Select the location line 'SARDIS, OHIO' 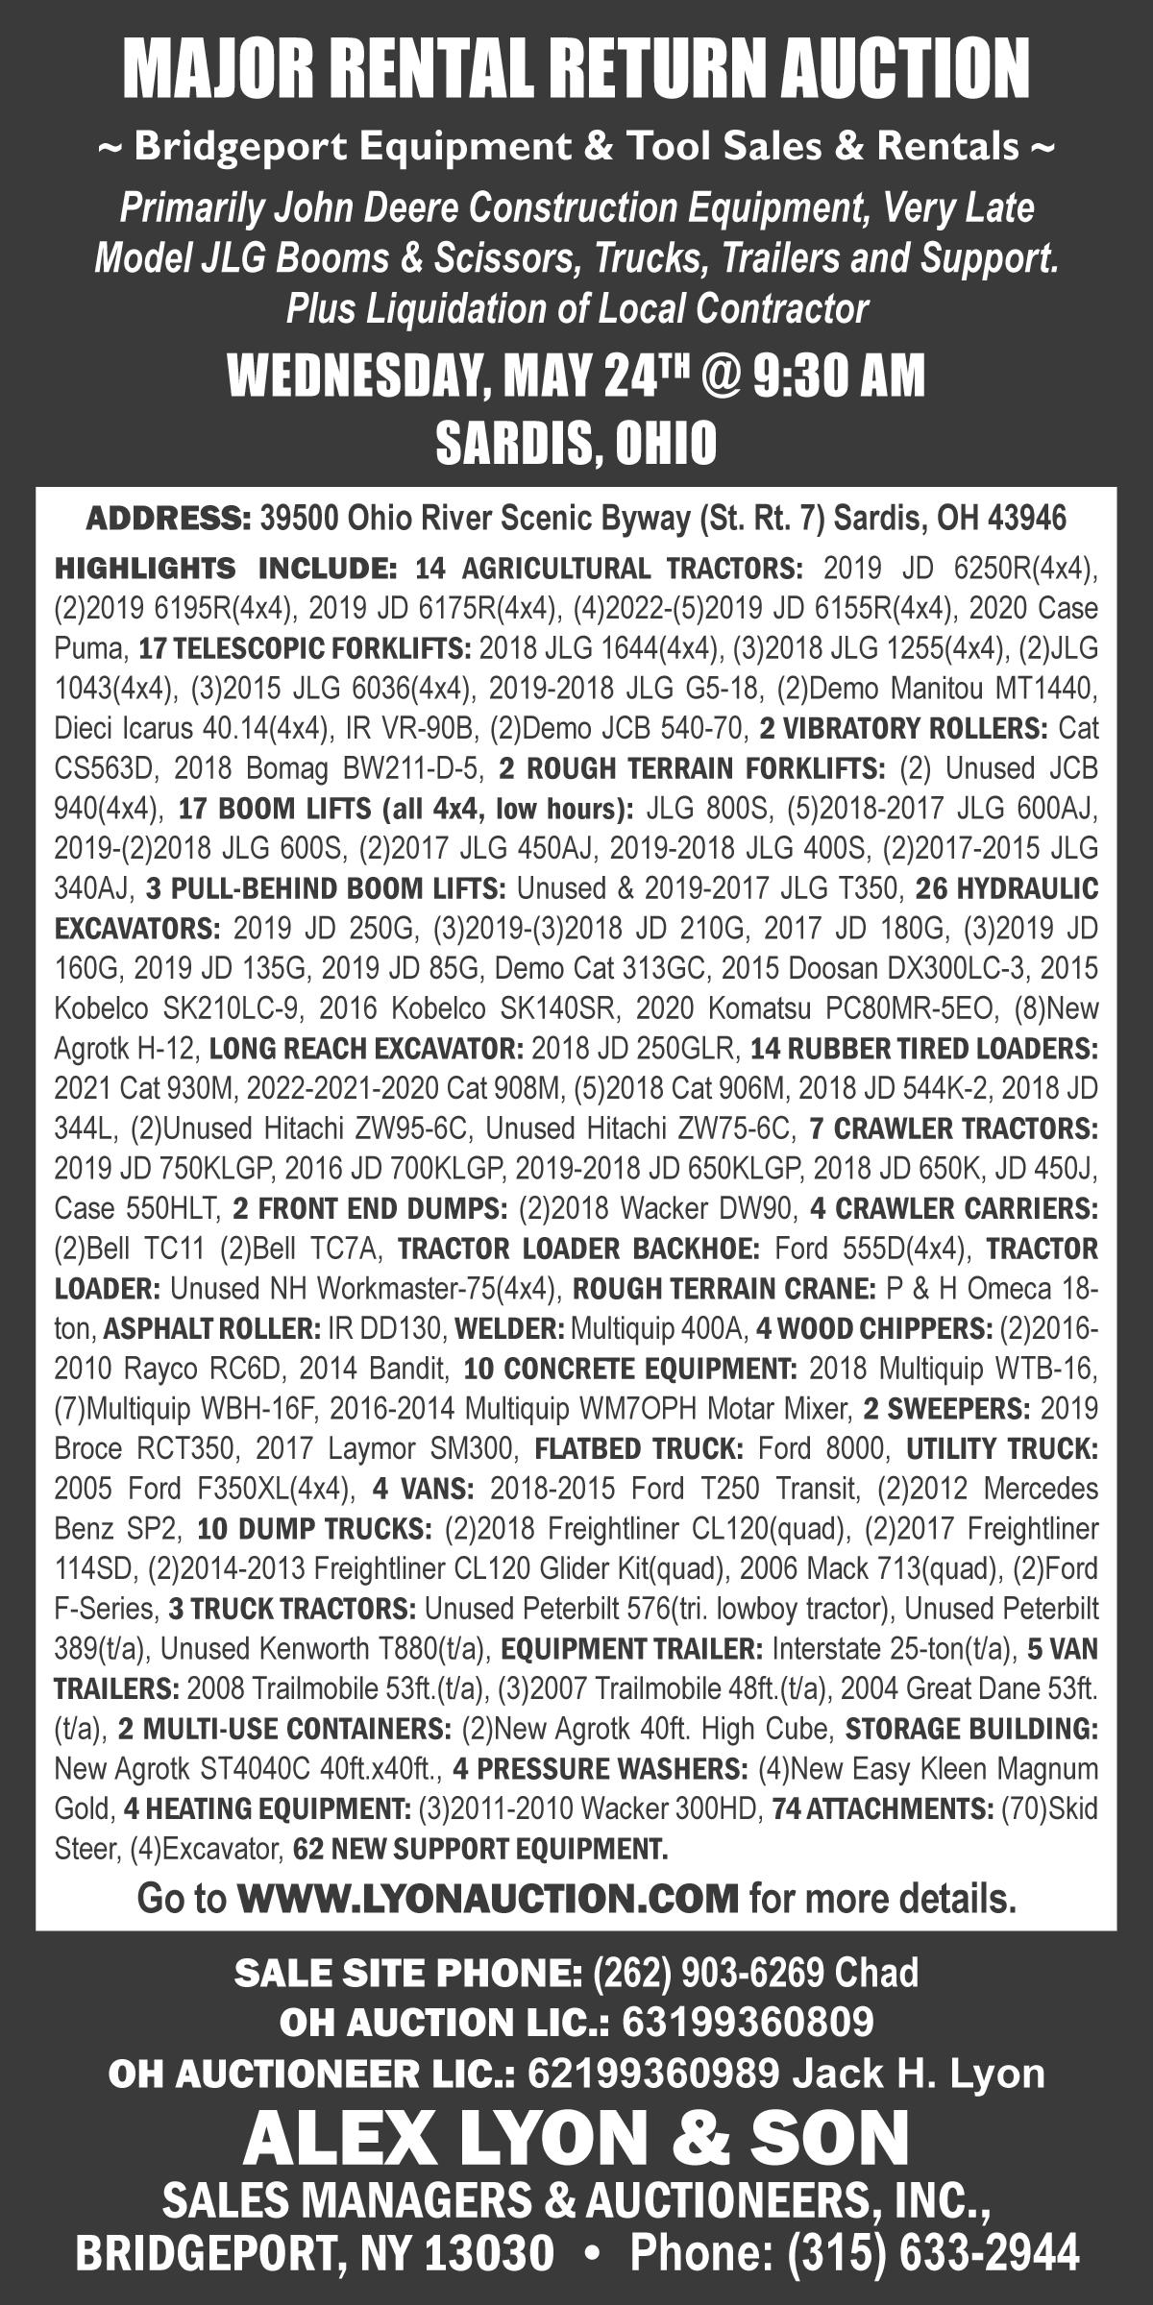click(x=576, y=442)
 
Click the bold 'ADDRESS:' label click(x=168, y=519)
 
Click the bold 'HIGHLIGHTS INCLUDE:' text click(x=226, y=569)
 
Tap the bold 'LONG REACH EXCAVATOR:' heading click(x=366, y=1047)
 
